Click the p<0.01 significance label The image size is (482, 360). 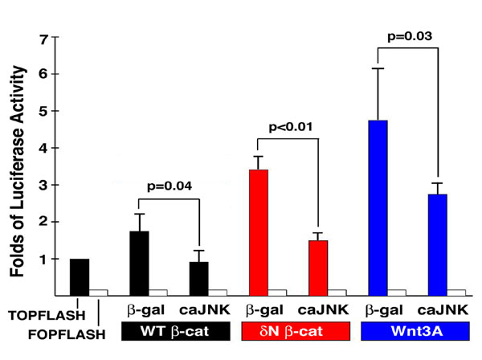(290, 126)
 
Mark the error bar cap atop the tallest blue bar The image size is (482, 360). (378, 69)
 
